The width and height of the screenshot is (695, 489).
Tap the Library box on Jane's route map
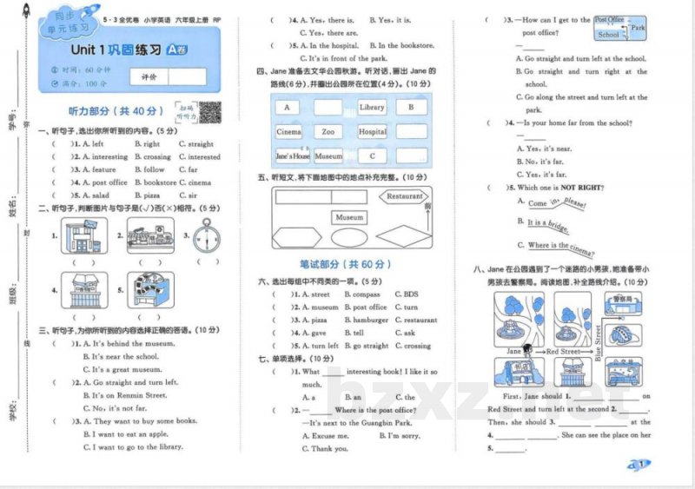point(371,107)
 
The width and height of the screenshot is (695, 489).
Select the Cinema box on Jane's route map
point(289,132)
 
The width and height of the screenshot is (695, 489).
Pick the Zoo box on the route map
point(328,132)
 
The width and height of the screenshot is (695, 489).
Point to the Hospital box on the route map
point(372,132)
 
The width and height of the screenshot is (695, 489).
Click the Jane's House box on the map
point(292,156)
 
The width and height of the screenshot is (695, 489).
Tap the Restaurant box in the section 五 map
point(404,197)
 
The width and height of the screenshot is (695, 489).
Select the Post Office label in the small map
point(609,19)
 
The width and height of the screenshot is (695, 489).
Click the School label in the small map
point(609,35)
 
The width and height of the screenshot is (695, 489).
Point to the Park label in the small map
point(639,28)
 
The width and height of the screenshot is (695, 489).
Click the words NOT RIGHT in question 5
point(579,188)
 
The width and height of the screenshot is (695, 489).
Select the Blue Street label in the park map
point(598,340)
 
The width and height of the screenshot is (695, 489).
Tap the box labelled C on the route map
point(372,156)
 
